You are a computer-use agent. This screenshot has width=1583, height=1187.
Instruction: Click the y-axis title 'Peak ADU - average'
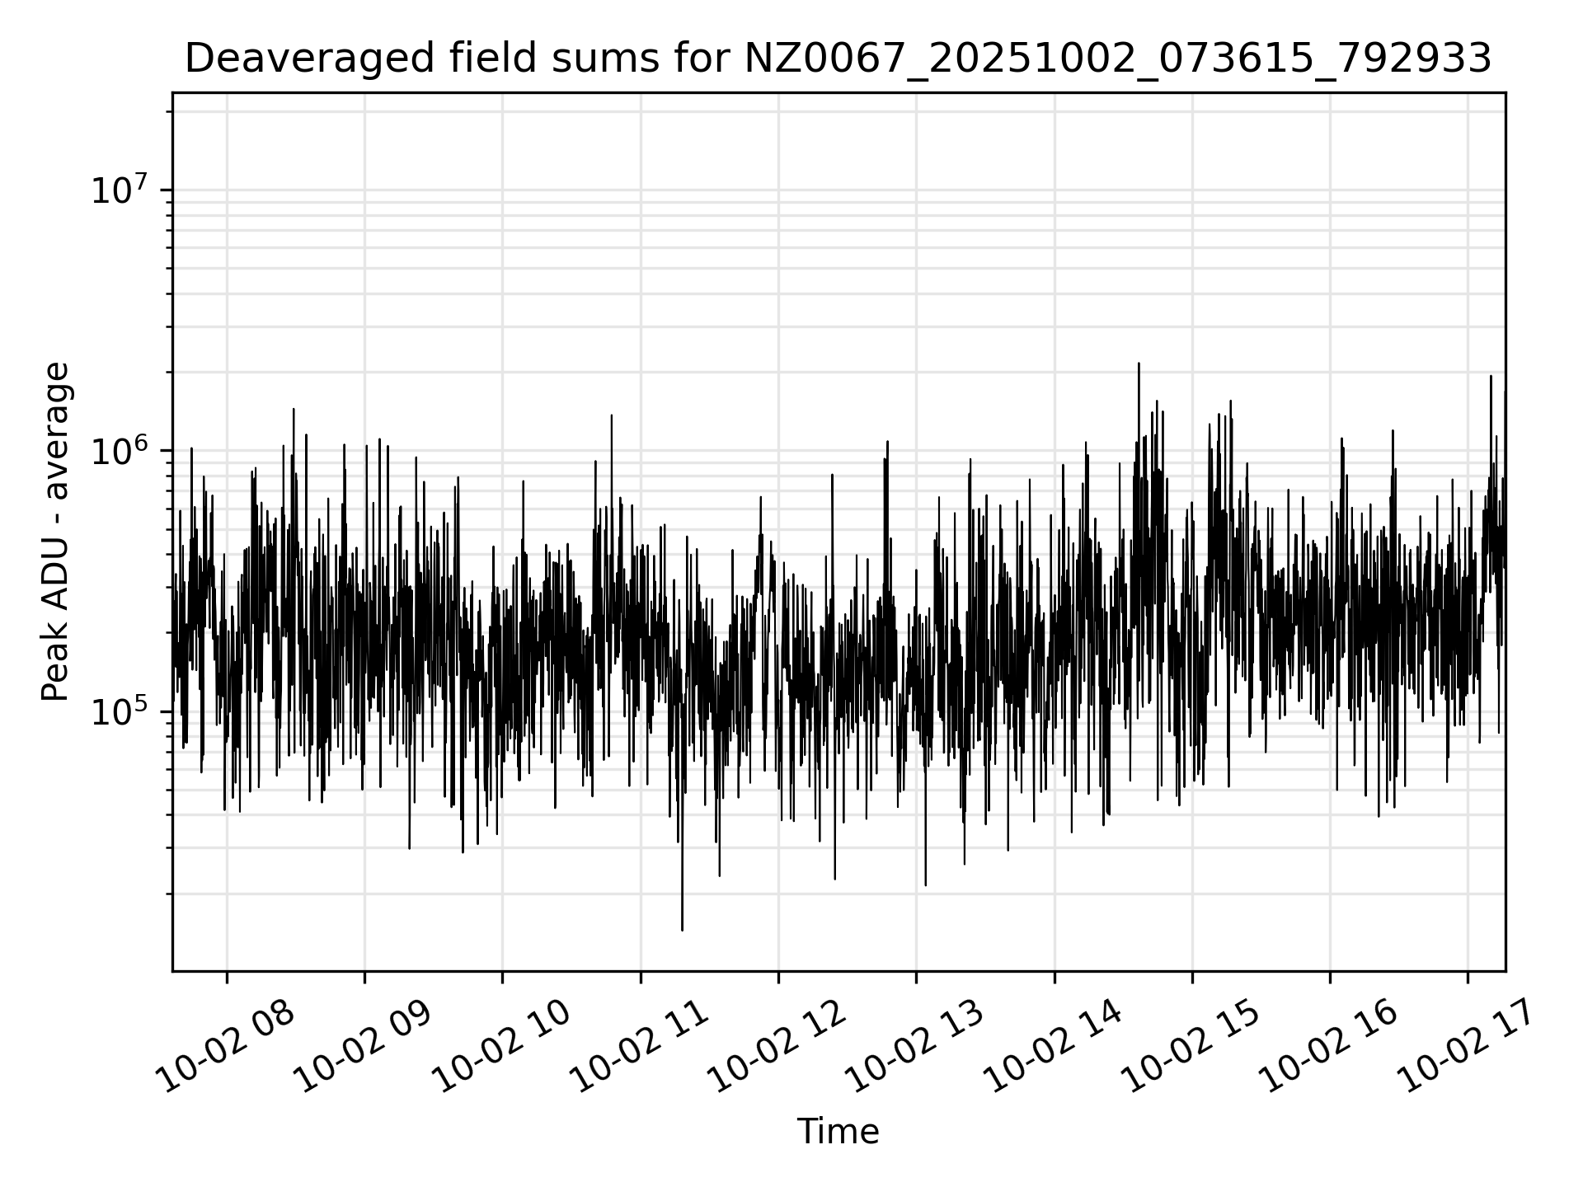[56, 533]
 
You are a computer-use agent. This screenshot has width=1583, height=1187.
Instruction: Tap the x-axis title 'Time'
[838, 1132]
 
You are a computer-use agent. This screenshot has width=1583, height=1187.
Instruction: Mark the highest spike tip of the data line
[1139, 364]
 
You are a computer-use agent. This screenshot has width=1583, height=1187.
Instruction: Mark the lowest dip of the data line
[682, 930]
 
